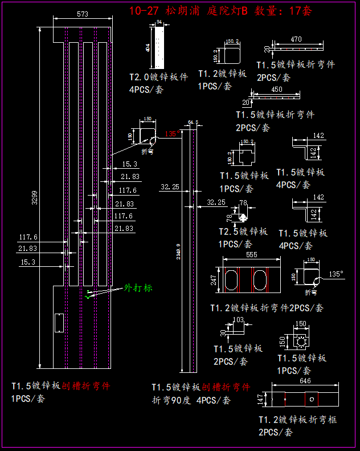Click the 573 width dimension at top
(83, 15)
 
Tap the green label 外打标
(138, 288)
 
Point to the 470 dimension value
(296, 40)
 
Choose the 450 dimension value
(276, 90)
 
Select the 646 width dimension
(305, 380)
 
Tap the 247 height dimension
(214, 279)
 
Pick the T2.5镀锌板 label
(243, 231)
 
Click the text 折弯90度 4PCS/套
(191, 400)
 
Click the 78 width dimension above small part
(244, 204)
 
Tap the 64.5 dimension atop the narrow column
(193, 121)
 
